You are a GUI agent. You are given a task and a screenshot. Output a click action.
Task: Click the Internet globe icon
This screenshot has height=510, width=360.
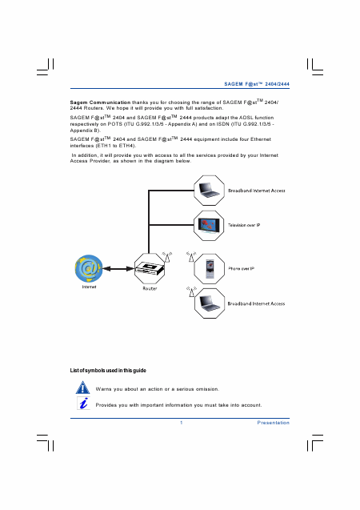click(89, 269)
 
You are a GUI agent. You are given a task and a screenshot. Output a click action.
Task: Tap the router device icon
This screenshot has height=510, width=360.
click(150, 269)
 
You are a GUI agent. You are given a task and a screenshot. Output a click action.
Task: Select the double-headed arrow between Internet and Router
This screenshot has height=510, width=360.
click(118, 269)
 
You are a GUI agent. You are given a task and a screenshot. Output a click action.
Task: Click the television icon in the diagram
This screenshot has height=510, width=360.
click(209, 225)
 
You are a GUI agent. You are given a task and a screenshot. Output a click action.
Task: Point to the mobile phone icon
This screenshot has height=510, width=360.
click(210, 269)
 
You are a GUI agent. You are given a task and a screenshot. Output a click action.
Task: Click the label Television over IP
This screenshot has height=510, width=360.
click(244, 225)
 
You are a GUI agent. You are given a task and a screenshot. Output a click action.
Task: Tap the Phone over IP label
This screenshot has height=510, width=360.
click(241, 269)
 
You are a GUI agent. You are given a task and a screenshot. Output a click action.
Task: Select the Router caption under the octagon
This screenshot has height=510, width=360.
click(150, 288)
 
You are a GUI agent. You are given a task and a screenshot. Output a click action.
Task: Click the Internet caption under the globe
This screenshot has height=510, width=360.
click(89, 287)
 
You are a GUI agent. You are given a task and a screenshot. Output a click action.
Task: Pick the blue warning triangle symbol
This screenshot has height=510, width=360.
click(83, 388)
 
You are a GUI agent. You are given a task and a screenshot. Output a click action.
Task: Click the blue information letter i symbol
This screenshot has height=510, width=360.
click(83, 404)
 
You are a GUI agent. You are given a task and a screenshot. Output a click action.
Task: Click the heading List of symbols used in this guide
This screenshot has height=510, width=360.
click(108, 371)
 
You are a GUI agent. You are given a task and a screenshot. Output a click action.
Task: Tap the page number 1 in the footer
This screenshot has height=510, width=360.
click(182, 423)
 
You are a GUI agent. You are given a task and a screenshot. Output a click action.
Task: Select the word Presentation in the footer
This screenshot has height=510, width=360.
click(274, 423)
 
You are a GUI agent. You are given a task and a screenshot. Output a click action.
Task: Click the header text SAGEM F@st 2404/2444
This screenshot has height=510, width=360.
click(257, 84)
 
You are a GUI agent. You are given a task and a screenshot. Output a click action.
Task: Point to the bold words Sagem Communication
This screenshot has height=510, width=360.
click(100, 102)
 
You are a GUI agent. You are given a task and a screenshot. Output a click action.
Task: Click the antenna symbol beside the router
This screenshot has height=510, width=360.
click(167, 257)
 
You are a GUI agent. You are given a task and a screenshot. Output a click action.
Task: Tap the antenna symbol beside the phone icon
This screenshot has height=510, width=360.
click(191, 257)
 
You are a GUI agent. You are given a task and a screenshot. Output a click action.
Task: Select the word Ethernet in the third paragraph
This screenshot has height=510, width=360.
click(261, 139)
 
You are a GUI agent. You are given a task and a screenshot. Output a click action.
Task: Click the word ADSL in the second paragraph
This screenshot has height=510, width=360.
click(246, 118)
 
